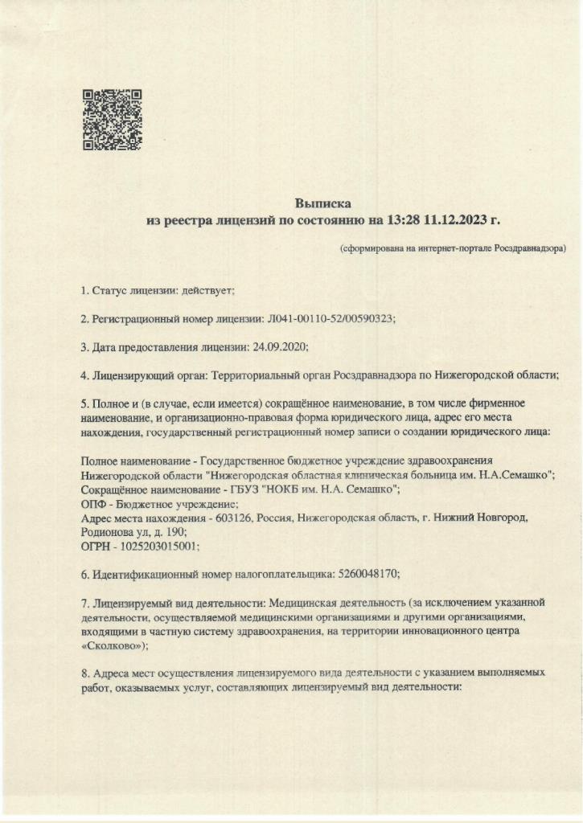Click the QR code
(x=113, y=120)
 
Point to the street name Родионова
(x=109, y=532)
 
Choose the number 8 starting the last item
(x=84, y=674)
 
